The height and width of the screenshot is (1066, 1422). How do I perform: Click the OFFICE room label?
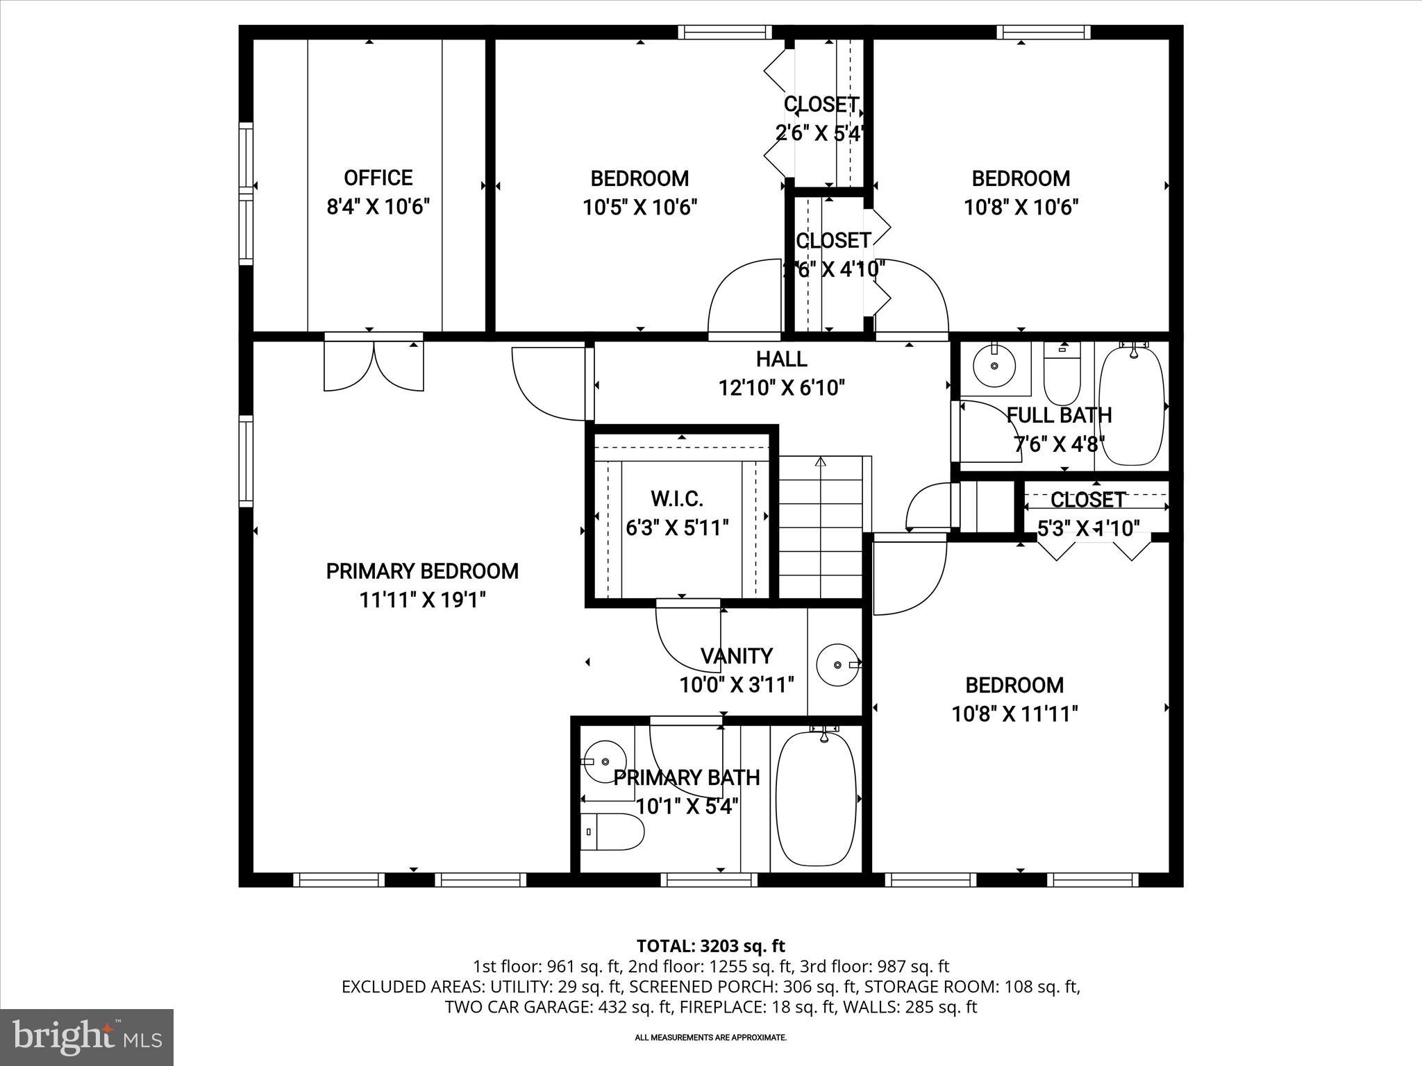click(x=378, y=178)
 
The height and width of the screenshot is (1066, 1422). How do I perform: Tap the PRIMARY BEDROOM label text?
click(x=422, y=571)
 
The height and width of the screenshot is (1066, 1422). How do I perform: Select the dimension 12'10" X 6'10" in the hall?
click(x=781, y=387)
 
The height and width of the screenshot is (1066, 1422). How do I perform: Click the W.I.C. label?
click(x=676, y=498)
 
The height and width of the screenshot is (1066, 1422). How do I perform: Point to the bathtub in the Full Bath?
click(x=1132, y=406)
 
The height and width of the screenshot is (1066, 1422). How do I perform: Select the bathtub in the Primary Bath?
click(x=815, y=798)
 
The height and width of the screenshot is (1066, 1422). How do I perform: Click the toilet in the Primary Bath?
click(x=611, y=831)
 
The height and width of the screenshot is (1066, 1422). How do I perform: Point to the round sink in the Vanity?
click(x=837, y=665)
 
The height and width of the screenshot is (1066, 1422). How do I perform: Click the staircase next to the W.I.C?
click(x=821, y=527)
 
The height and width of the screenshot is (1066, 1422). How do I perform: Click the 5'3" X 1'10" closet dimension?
click(x=1088, y=529)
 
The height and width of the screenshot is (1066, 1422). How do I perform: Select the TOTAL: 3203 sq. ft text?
click(x=710, y=945)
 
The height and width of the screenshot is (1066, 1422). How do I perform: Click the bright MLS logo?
click(x=87, y=1037)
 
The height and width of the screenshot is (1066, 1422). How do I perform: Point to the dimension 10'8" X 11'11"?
click(x=1014, y=713)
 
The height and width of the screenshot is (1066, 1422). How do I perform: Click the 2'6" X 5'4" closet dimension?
click(x=819, y=133)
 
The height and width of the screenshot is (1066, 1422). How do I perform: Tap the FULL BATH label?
click(x=1059, y=415)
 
